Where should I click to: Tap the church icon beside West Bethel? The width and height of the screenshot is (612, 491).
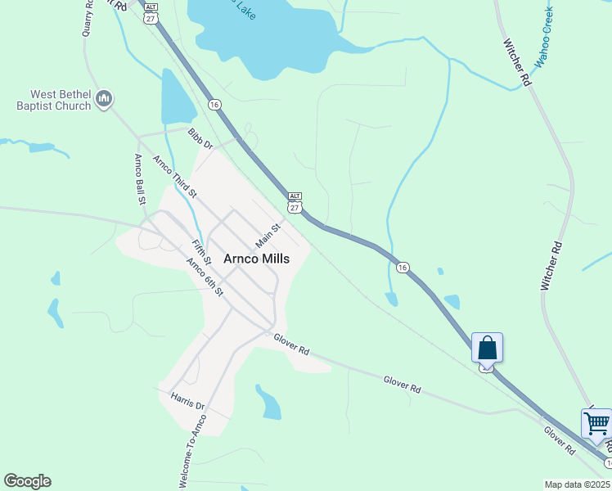coord(103,99)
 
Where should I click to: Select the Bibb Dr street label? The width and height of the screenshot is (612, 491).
coord(200,140)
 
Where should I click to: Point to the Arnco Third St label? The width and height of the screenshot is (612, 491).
coord(175,176)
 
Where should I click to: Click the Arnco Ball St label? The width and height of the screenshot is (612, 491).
coord(140,178)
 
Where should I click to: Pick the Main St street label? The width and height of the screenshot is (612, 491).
coord(268,236)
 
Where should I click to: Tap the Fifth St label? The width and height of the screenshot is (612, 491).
coord(201,252)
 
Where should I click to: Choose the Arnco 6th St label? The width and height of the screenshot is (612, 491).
coord(205,277)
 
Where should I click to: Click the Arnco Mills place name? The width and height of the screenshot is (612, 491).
coord(256,257)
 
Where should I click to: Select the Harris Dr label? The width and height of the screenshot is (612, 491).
coord(187,400)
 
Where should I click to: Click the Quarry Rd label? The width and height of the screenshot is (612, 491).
coord(88,18)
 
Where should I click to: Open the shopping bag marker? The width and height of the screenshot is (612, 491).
coord(487,348)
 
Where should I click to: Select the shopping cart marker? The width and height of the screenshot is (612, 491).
coord(596,425)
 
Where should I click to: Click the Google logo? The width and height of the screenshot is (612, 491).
coord(27,481)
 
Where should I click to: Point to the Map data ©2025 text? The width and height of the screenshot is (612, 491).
coord(578,484)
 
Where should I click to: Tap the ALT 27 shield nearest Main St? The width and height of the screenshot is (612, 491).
coord(295,201)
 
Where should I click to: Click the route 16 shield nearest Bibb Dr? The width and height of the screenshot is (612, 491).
coord(214,105)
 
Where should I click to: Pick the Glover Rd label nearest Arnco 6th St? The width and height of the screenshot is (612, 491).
coord(291,345)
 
